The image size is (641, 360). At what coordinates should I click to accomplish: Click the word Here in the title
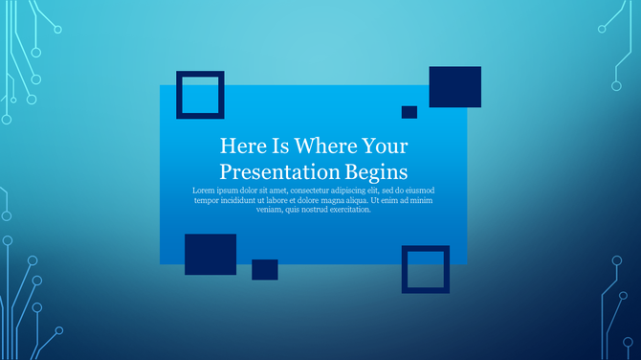[x=240, y=146]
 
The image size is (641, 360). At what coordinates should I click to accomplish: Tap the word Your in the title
[x=385, y=146]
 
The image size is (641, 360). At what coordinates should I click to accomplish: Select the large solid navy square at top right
[x=454, y=87]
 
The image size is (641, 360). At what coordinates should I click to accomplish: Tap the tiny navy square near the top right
[x=409, y=112]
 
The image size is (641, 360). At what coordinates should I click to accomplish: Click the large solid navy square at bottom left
[x=210, y=254]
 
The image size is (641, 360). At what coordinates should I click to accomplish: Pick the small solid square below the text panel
[x=265, y=270]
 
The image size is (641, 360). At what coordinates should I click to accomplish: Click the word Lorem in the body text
[x=204, y=191]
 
